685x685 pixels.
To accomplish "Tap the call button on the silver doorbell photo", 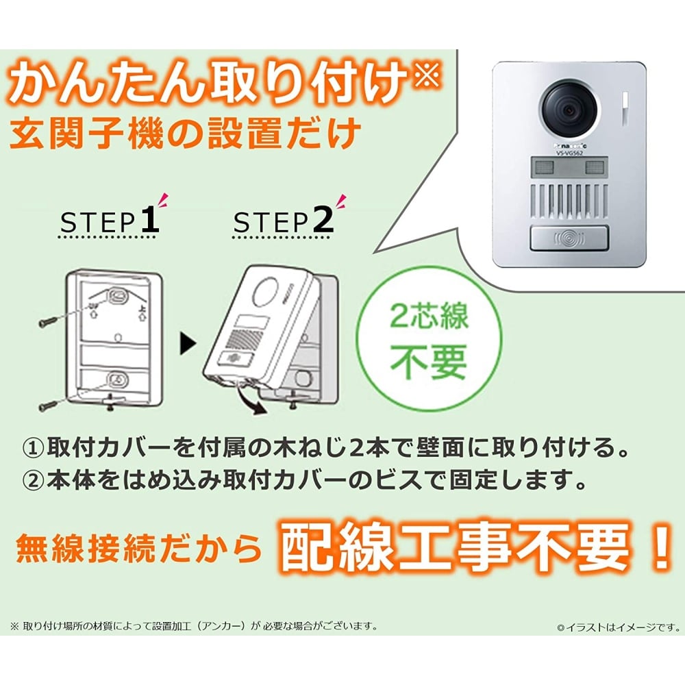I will click(569, 240).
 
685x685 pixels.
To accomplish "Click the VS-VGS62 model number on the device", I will click(570, 155).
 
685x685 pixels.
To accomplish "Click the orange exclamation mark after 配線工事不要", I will click(660, 546).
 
